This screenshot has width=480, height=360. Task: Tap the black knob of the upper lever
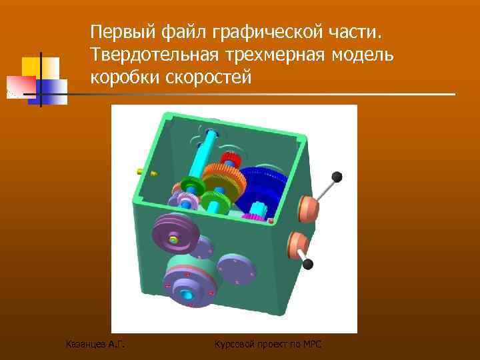point(337,177)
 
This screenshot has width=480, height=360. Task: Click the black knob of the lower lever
point(307,264)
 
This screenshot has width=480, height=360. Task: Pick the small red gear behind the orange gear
point(233,160)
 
